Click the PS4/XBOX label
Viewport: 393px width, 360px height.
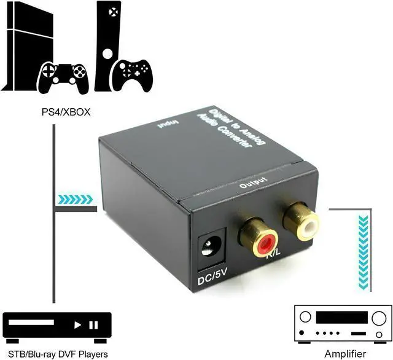click(53, 113)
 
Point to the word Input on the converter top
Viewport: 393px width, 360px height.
click(166, 123)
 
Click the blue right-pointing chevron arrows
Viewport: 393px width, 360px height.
click(76, 199)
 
